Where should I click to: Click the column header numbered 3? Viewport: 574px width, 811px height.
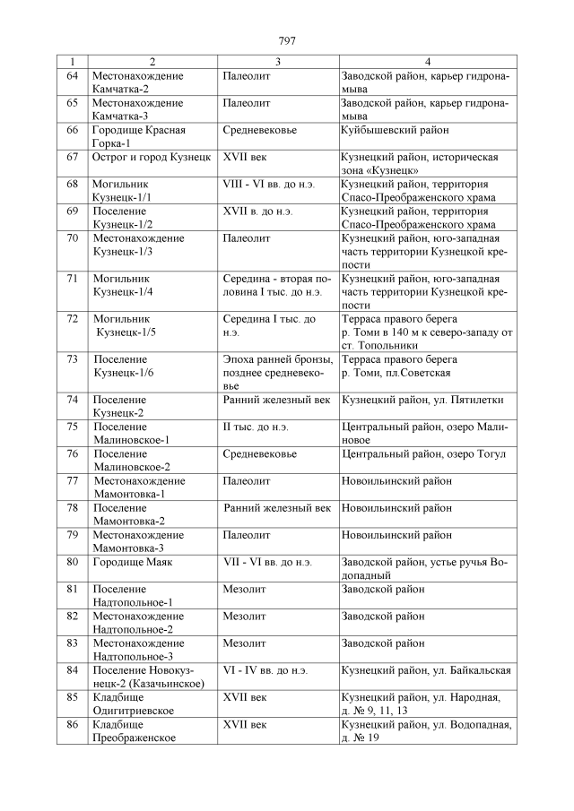pyautogui.click(x=278, y=62)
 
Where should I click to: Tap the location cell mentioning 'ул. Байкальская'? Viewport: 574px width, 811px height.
pyautogui.click(x=426, y=669)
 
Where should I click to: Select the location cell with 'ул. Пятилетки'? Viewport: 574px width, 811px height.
pyautogui.click(x=426, y=400)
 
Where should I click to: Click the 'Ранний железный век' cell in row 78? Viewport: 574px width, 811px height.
pyautogui.click(x=279, y=507)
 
